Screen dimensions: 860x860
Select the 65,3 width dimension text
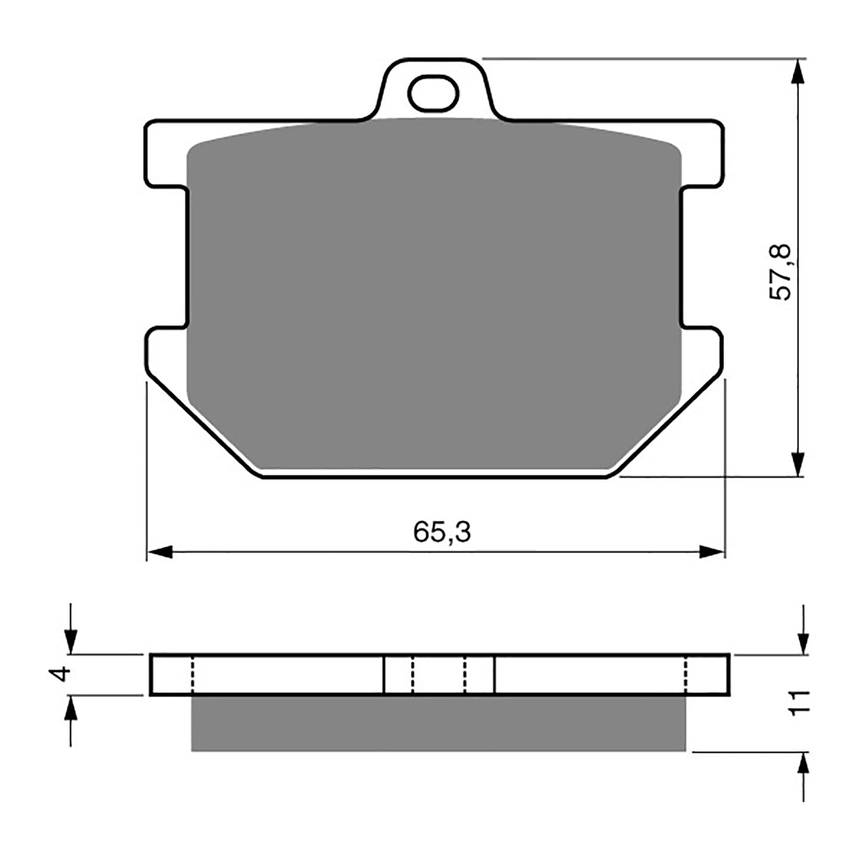pyautogui.click(x=442, y=532)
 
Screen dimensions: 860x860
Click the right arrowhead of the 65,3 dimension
pyautogui.click(x=712, y=552)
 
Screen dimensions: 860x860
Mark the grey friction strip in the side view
pyautogui.click(x=438, y=723)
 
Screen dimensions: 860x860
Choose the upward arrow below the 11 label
pyautogui.click(x=803, y=765)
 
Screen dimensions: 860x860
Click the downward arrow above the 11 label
pyautogui.click(x=803, y=640)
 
